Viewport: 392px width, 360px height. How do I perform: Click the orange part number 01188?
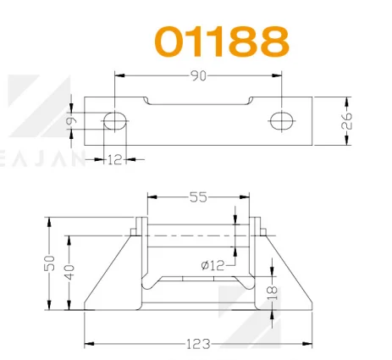click(x=222, y=42)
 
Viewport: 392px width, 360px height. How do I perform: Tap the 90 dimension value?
click(x=198, y=75)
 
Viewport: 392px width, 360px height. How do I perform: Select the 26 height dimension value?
click(x=346, y=121)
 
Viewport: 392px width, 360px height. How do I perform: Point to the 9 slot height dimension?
click(x=71, y=121)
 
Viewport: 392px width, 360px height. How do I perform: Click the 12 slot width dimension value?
click(x=115, y=160)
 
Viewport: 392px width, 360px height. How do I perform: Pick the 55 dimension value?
click(x=198, y=197)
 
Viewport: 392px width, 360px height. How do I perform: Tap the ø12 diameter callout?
click(x=213, y=265)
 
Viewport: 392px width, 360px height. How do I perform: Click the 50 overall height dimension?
click(x=49, y=263)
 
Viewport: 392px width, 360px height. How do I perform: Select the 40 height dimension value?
click(x=69, y=272)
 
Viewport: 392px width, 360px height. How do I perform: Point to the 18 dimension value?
click(x=273, y=293)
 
